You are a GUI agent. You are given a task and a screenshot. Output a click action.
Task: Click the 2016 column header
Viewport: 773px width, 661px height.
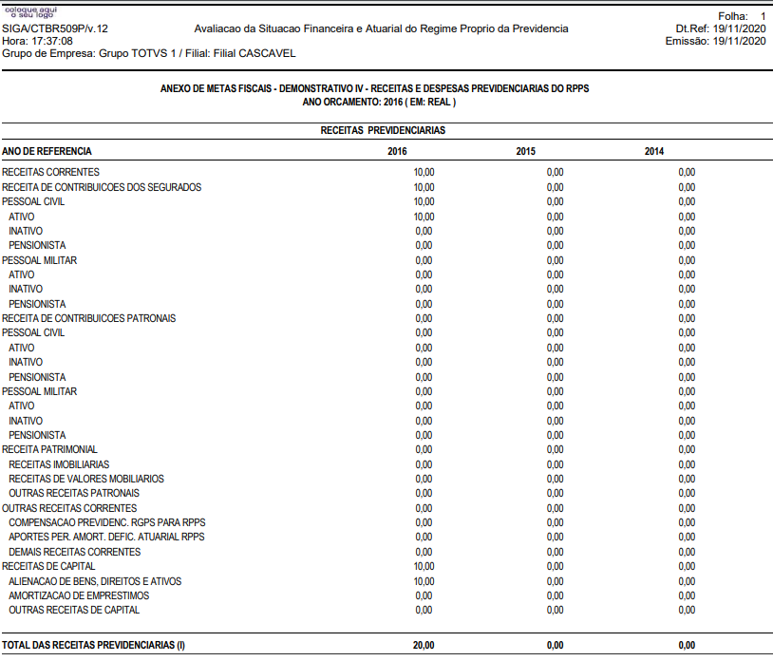point(397,152)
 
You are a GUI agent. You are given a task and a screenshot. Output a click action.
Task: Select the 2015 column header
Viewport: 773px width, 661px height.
point(525,152)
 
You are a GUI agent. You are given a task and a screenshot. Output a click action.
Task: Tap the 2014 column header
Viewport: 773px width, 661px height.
point(654,152)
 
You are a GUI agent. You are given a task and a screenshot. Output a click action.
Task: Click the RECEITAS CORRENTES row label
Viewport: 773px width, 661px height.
point(50,172)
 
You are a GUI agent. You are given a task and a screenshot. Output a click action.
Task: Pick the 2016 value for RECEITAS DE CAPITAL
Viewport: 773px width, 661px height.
point(424,566)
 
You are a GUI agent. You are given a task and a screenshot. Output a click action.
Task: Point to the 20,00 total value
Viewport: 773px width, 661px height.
point(424,645)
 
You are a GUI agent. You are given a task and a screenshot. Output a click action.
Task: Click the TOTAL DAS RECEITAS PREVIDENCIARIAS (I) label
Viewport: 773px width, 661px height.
point(93,645)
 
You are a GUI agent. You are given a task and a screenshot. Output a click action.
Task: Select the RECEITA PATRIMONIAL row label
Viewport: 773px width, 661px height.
point(49,449)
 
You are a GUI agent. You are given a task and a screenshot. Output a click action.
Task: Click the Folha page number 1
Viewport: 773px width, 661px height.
point(763,16)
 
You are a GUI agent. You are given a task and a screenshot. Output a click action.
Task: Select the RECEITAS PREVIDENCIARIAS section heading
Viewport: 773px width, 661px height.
point(383,130)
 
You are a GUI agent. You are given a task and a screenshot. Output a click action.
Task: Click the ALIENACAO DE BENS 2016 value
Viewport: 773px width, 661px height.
point(424,581)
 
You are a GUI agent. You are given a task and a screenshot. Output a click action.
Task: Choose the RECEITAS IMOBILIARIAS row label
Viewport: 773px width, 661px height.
point(59,464)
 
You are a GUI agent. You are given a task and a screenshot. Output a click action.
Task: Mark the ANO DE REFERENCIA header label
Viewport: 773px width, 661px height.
point(47,152)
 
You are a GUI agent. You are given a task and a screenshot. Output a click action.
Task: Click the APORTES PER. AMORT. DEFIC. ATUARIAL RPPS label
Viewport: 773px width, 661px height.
point(106,538)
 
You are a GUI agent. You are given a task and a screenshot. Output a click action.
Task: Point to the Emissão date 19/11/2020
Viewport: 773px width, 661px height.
point(739,41)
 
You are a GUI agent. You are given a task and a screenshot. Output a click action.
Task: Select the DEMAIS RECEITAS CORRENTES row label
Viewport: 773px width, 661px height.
point(74,552)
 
